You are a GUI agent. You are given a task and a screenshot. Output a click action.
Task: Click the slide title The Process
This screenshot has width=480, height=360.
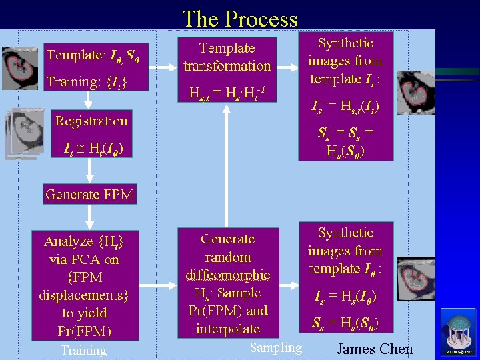[240, 18]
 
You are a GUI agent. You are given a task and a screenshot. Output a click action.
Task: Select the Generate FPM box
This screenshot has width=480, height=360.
[89, 195]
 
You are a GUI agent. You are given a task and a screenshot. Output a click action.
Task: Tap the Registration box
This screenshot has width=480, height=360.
[91, 134]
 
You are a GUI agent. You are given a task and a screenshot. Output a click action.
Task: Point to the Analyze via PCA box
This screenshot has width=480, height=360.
[85, 285]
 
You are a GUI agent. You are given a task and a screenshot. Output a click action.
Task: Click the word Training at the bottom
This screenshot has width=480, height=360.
[83, 350]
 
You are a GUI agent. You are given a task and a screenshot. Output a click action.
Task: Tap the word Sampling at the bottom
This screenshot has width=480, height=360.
[276, 347]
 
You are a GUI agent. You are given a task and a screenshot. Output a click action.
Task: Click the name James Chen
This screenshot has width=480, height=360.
[375, 349]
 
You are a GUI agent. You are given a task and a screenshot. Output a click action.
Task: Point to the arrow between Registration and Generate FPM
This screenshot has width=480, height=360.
[89, 171]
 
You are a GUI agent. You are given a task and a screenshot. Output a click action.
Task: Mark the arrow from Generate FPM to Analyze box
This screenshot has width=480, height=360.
[89, 217]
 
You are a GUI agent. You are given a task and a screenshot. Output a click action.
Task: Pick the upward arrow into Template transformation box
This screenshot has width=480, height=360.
[227, 167]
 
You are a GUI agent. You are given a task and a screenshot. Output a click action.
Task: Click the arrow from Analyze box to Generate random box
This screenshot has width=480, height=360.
[158, 283]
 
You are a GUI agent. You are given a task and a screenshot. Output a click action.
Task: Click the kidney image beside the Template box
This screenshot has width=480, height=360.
[20, 67]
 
